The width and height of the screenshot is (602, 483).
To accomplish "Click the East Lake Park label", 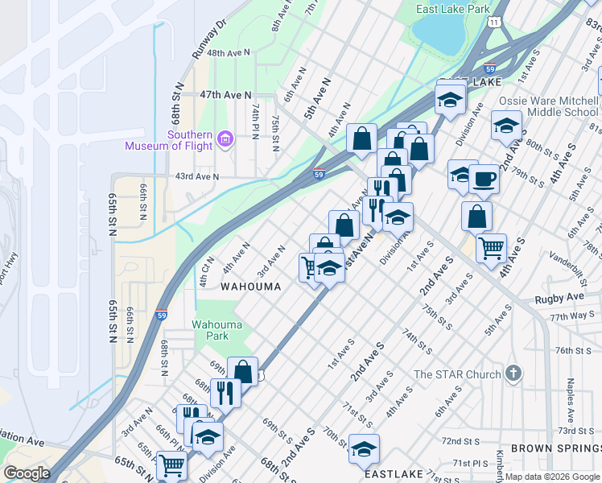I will [x=452, y=10].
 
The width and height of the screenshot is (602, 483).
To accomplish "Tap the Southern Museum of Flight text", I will [x=168, y=140].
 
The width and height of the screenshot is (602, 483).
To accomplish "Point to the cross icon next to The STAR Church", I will [x=513, y=374].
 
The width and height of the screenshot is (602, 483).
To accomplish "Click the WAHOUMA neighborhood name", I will [x=251, y=287].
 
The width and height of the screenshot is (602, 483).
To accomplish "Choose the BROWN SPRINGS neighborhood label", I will [x=555, y=448].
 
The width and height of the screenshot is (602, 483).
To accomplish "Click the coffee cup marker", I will [x=484, y=180].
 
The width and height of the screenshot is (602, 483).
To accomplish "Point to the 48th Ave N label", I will [x=228, y=52].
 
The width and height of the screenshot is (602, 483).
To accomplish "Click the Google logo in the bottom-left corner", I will [x=27, y=473].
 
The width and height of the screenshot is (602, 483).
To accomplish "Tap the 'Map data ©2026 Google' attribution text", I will [x=552, y=477].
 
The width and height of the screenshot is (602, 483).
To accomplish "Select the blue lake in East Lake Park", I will [x=439, y=34].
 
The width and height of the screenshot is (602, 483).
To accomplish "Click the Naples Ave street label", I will [x=570, y=395].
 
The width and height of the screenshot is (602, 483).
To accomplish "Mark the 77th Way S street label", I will [x=574, y=317].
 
